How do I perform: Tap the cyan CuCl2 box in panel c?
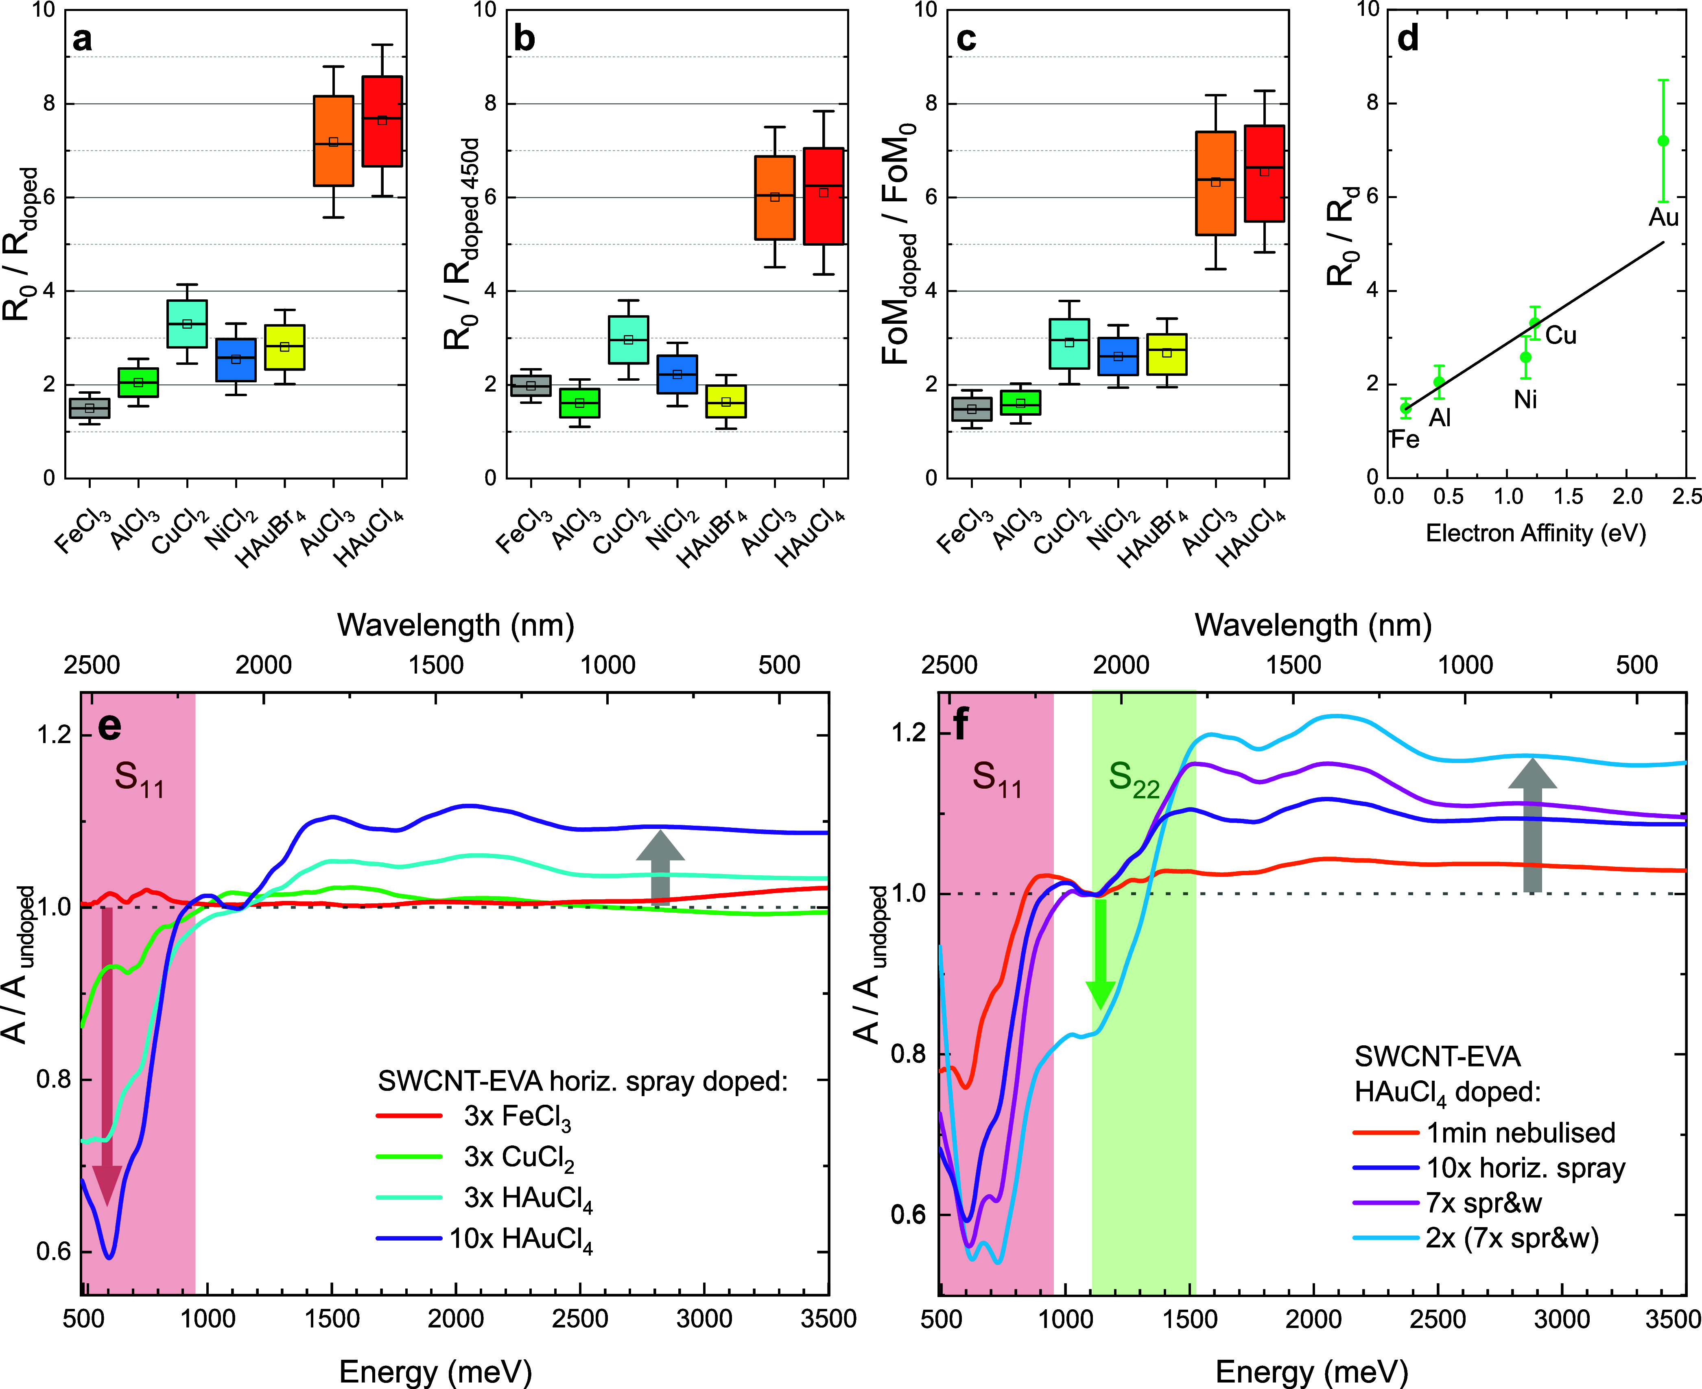coord(1069,344)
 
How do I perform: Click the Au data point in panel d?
coord(1663,141)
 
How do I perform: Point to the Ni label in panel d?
coord(1525,399)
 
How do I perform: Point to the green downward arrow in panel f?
coord(1100,954)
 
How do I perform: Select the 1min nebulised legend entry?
coord(1484,1133)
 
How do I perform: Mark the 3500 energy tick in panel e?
coord(828,1319)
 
